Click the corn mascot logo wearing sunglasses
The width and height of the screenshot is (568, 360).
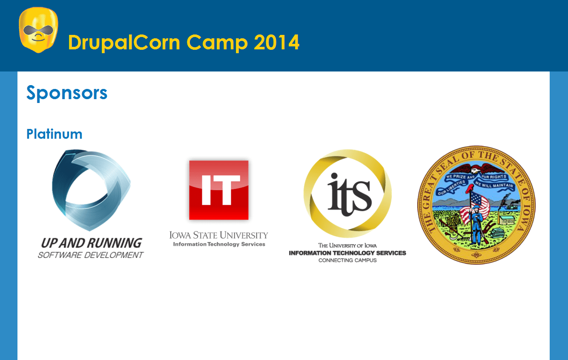[38, 30]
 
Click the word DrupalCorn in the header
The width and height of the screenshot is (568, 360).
[124, 43]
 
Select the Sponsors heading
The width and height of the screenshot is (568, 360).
[67, 93]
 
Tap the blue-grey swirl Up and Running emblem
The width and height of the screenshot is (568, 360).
[91, 190]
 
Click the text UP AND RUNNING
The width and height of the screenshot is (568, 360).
[91, 243]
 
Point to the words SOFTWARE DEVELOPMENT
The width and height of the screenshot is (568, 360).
[91, 255]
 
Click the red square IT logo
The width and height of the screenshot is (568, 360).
[219, 190]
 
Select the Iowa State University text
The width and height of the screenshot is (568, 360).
[218, 235]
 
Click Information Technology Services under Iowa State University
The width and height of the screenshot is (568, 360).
[219, 244]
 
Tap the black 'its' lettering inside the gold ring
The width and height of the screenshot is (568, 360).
[350, 194]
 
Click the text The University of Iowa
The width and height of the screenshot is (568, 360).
[347, 246]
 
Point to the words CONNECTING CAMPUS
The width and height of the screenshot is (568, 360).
[347, 260]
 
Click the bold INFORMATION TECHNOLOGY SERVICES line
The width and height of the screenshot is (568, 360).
[347, 253]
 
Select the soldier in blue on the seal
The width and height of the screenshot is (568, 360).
[477, 226]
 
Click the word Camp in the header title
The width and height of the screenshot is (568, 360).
[217, 43]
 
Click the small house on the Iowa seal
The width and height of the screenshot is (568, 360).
[507, 220]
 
